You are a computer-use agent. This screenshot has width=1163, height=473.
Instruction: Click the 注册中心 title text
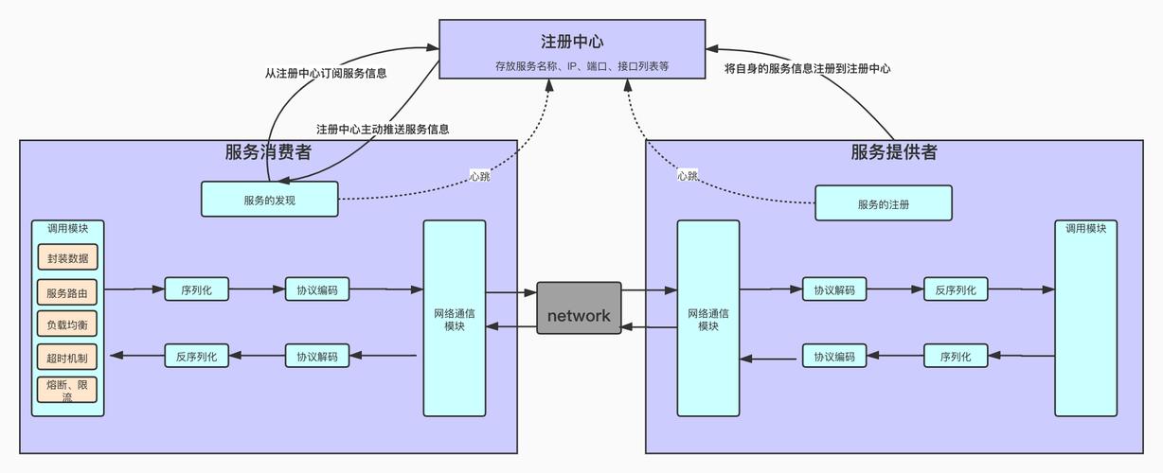(572, 42)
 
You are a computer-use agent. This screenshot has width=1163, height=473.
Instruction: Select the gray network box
(579, 307)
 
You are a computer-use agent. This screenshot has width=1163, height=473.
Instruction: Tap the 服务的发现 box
(269, 200)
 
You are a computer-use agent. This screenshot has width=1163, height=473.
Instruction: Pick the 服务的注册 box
(883, 203)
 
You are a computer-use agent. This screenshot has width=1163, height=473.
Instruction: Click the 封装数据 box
(67, 257)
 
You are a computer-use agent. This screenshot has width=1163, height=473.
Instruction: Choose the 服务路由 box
(67, 292)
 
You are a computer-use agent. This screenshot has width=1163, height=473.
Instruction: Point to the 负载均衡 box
(67, 325)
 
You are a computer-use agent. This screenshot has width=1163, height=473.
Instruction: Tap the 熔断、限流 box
(67, 390)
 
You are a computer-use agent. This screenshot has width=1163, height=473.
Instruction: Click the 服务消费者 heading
(268, 152)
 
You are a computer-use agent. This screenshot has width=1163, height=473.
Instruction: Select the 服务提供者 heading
(894, 152)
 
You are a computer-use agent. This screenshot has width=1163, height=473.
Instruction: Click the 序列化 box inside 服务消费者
(197, 289)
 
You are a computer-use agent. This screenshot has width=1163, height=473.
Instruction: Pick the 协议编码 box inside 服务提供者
(834, 357)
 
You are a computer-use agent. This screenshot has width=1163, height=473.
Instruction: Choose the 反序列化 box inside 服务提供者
(956, 289)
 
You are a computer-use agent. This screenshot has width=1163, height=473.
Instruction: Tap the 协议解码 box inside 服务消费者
(317, 357)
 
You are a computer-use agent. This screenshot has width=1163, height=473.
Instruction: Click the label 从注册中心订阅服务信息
(325, 73)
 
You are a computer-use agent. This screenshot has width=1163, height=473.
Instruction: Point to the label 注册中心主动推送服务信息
(383, 129)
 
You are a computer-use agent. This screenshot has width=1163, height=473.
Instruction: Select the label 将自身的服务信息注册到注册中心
(807, 68)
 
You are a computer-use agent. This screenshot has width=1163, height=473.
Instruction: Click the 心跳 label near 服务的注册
(688, 176)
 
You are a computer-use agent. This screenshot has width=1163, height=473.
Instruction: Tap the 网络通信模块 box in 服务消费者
(455, 319)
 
